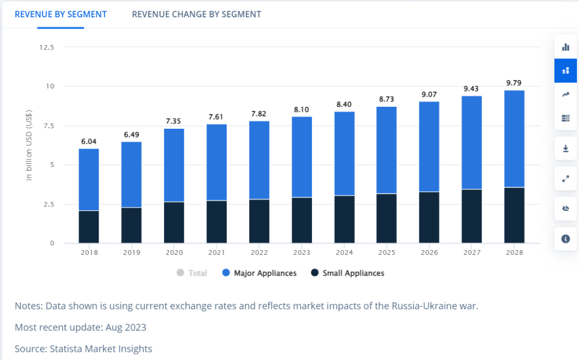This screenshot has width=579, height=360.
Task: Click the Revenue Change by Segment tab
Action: tap(196, 14)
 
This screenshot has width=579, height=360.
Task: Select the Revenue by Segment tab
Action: tap(61, 14)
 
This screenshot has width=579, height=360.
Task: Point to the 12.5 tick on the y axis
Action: tap(47, 47)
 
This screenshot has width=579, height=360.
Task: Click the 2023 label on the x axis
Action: tap(302, 252)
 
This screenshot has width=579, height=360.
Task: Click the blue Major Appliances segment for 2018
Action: tap(89, 179)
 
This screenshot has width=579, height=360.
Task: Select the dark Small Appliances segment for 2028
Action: tap(514, 215)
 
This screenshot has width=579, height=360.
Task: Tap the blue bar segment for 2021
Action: tap(217, 162)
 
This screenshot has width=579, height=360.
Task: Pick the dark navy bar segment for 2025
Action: tap(387, 218)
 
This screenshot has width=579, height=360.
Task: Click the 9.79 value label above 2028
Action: tap(514, 83)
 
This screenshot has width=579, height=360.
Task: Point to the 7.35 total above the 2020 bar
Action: tap(174, 121)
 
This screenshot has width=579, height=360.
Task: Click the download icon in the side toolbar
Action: tap(565, 149)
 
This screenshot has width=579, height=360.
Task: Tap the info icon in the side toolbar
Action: tap(565, 239)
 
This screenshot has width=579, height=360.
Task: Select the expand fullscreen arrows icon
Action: tap(565, 179)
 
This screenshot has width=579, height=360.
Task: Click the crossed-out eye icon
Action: tap(565, 209)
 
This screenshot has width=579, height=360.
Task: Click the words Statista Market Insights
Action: tap(101, 349)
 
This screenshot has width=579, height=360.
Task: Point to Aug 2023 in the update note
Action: tap(127, 327)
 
